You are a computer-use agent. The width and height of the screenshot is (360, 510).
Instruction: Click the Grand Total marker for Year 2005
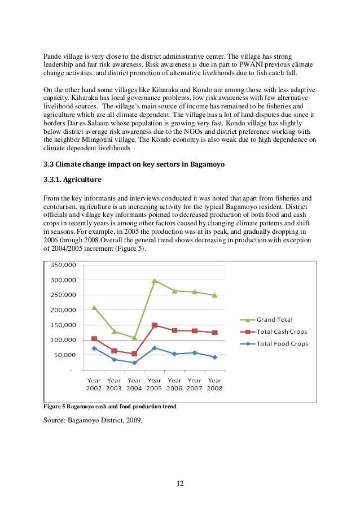pos(155,280)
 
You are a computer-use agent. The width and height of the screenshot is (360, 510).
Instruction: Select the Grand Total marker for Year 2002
pos(94,307)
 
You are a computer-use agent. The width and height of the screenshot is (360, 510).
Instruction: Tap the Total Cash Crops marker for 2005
pos(155,325)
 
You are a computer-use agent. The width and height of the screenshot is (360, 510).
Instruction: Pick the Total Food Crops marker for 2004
pos(134,363)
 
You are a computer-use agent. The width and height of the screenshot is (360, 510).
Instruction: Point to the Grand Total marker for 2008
pos(214,295)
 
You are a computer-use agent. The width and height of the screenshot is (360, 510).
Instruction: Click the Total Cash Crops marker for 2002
pos(94,339)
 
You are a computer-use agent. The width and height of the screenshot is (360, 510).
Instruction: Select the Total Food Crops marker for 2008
pos(214,357)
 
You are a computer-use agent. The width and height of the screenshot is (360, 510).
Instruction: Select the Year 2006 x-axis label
pos(174,385)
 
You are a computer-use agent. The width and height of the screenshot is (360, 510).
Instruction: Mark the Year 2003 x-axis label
pos(115,385)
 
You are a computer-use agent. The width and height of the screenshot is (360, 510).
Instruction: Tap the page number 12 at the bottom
pos(180,483)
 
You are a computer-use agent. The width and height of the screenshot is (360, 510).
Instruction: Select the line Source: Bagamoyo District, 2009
pos(90,419)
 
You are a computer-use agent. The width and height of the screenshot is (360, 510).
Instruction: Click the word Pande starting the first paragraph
pos(53,56)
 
